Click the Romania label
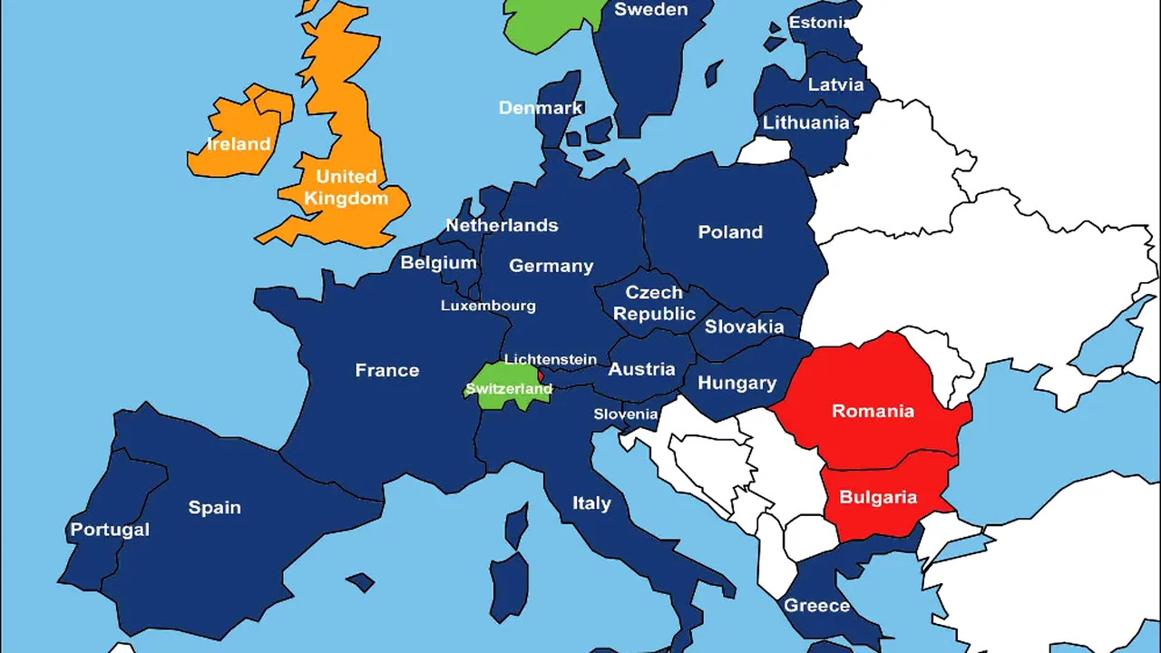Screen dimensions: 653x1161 coord(873,411)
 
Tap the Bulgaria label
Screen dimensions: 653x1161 coord(877,497)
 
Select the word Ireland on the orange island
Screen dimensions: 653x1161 coord(239,143)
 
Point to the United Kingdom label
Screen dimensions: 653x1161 coord(346,187)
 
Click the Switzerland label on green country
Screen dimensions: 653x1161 coord(508,389)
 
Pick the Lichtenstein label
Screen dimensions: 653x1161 coord(550,359)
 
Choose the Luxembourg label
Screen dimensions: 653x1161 coord(488,306)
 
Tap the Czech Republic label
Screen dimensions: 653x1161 coord(654,303)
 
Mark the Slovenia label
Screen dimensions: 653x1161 coord(625,414)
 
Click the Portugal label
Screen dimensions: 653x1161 coord(110,530)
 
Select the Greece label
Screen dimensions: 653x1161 coord(816,605)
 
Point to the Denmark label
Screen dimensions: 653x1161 coord(541,108)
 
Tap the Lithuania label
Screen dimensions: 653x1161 coord(805,122)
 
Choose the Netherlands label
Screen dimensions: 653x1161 coord(502,225)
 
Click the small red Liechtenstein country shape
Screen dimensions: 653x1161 coord(541,375)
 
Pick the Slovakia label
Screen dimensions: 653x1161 coord(744,326)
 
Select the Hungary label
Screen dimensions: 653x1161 coord(737,383)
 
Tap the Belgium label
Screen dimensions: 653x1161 coord(438,263)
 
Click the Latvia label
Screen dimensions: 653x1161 coord(835,84)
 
